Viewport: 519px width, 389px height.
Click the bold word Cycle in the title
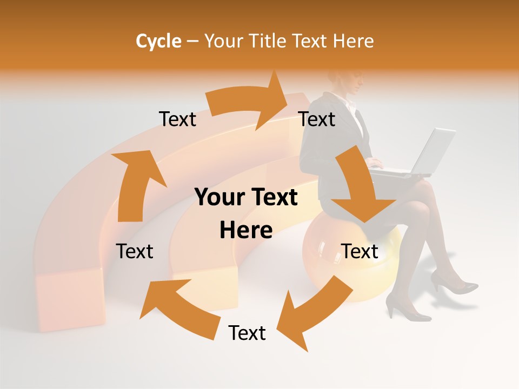158,41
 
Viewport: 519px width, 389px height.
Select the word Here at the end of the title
354,41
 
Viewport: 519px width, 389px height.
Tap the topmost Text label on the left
177,119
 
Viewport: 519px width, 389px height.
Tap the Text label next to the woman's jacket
317,119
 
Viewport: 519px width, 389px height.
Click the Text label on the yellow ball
360,251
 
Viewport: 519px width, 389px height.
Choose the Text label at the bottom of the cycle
247,333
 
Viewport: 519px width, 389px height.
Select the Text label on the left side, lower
135,251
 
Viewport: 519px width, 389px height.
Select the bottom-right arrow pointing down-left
311,313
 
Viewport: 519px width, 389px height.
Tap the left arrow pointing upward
135,184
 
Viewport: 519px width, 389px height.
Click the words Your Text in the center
246,198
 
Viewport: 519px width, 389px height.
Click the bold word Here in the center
246,230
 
